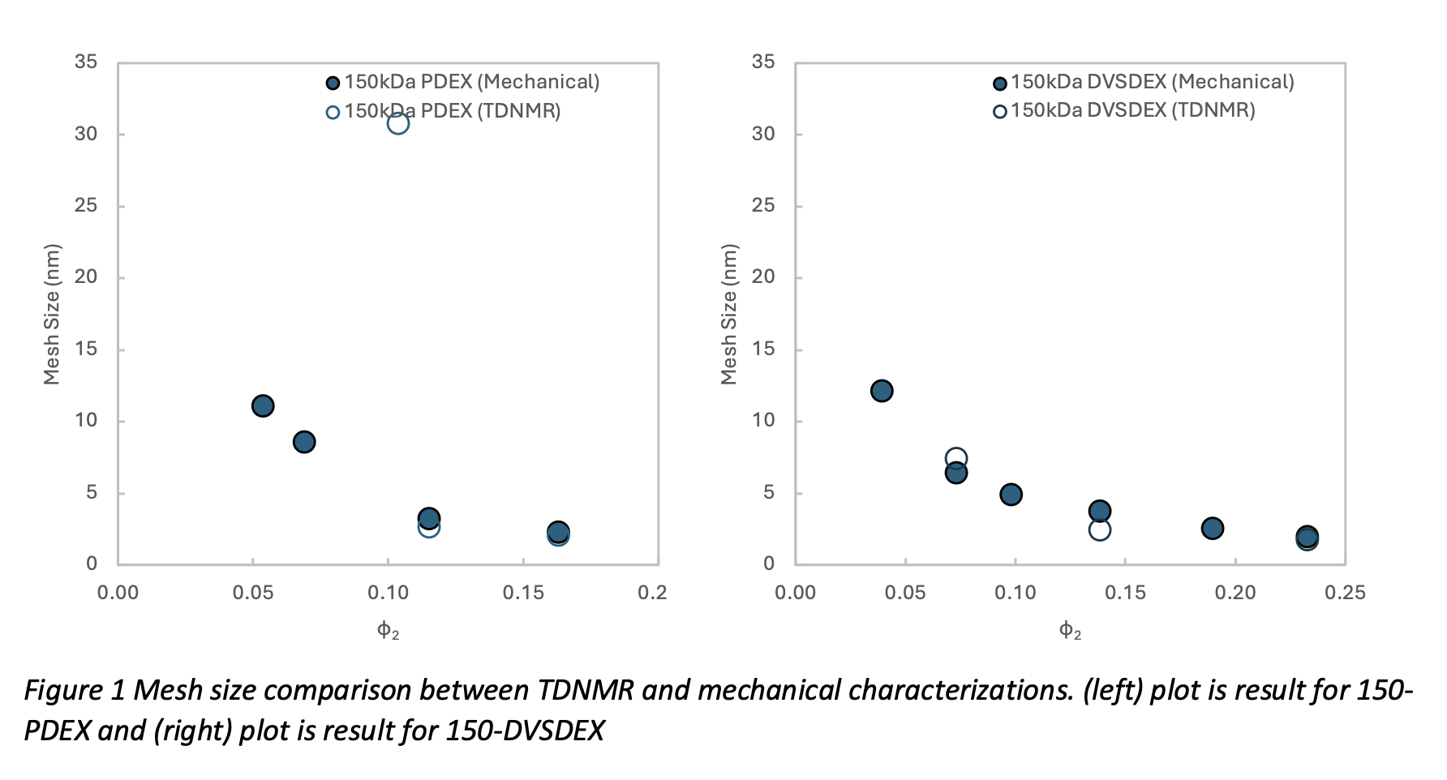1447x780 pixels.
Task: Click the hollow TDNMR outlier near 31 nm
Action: (x=397, y=123)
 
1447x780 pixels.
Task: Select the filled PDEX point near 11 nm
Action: (x=263, y=405)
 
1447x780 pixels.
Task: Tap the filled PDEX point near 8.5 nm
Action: (x=304, y=442)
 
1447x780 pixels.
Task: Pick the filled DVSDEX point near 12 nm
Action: (x=882, y=391)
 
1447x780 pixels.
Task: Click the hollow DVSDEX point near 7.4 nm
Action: (x=956, y=458)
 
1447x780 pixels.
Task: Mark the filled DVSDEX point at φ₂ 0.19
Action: (x=1212, y=529)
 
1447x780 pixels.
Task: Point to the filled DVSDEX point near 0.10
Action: (x=1011, y=495)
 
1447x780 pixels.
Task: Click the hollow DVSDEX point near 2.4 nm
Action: (x=1100, y=530)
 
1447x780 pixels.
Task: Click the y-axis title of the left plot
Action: (x=52, y=314)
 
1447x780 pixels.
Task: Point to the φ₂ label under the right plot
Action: (x=1070, y=631)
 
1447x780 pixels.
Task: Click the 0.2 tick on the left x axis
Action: (x=652, y=593)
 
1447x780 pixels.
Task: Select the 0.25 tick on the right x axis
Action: (x=1345, y=593)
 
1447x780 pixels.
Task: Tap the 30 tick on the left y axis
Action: (x=86, y=134)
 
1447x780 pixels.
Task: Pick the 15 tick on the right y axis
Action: (x=763, y=349)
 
